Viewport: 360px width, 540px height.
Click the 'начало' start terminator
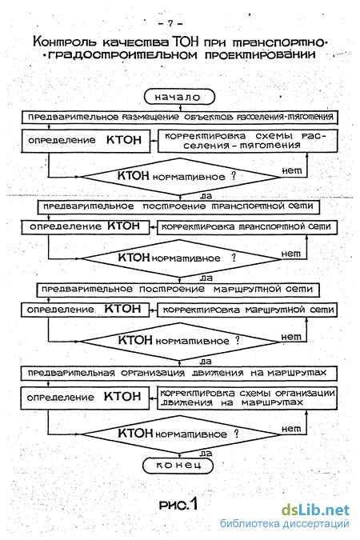pyautogui.click(x=179, y=97)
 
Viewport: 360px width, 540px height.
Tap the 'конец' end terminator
pyautogui.click(x=178, y=466)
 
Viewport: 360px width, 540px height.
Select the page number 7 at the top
pyautogui.click(x=170, y=24)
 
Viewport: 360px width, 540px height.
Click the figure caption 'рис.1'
pyautogui.click(x=178, y=505)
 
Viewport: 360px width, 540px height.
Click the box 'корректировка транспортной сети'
pyautogui.click(x=247, y=227)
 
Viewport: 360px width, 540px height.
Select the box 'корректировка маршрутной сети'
pyautogui.click(x=247, y=310)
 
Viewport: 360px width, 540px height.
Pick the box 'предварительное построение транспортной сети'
pyautogui.click(x=178, y=206)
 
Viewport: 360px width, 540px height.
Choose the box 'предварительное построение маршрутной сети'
pyautogui.click(x=178, y=290)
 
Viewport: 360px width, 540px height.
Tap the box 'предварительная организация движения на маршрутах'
pyautogui.click(x=178, y=373)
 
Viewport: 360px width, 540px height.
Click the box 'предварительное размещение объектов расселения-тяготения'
pyautogui.click(x=179, y=117)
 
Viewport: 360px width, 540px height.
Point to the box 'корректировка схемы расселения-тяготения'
pyautogui.click(x=247, y=141)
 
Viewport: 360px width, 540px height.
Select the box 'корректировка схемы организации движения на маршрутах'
pyautogui.click(x=247, y=398)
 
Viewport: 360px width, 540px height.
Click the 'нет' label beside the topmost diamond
pyautogui.click(x=291, y=170)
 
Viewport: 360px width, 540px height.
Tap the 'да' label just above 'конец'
pyautogui.click(x=206, y=454)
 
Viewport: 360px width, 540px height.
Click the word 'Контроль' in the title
pyautogui.click(x=65, y=42)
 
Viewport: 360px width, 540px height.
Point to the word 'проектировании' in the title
pyautogui.click(x=260, y=54)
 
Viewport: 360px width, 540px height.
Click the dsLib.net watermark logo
pyautogui.click(x=315, y=510)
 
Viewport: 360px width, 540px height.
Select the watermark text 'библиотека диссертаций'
pyautogui.click(x=285, y=524)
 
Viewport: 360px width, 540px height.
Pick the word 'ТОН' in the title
pyautogui.click(x=186, y=42)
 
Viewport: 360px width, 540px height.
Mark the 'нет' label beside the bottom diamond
pyautogui.click(x=291, y=429)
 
